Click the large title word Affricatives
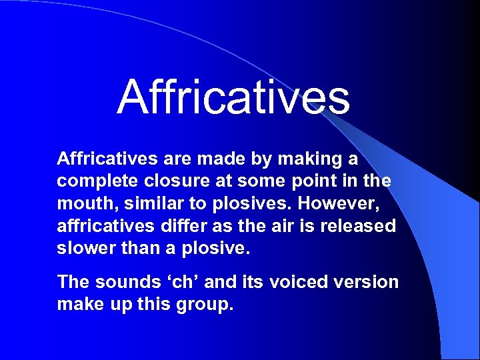pos(233,97)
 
